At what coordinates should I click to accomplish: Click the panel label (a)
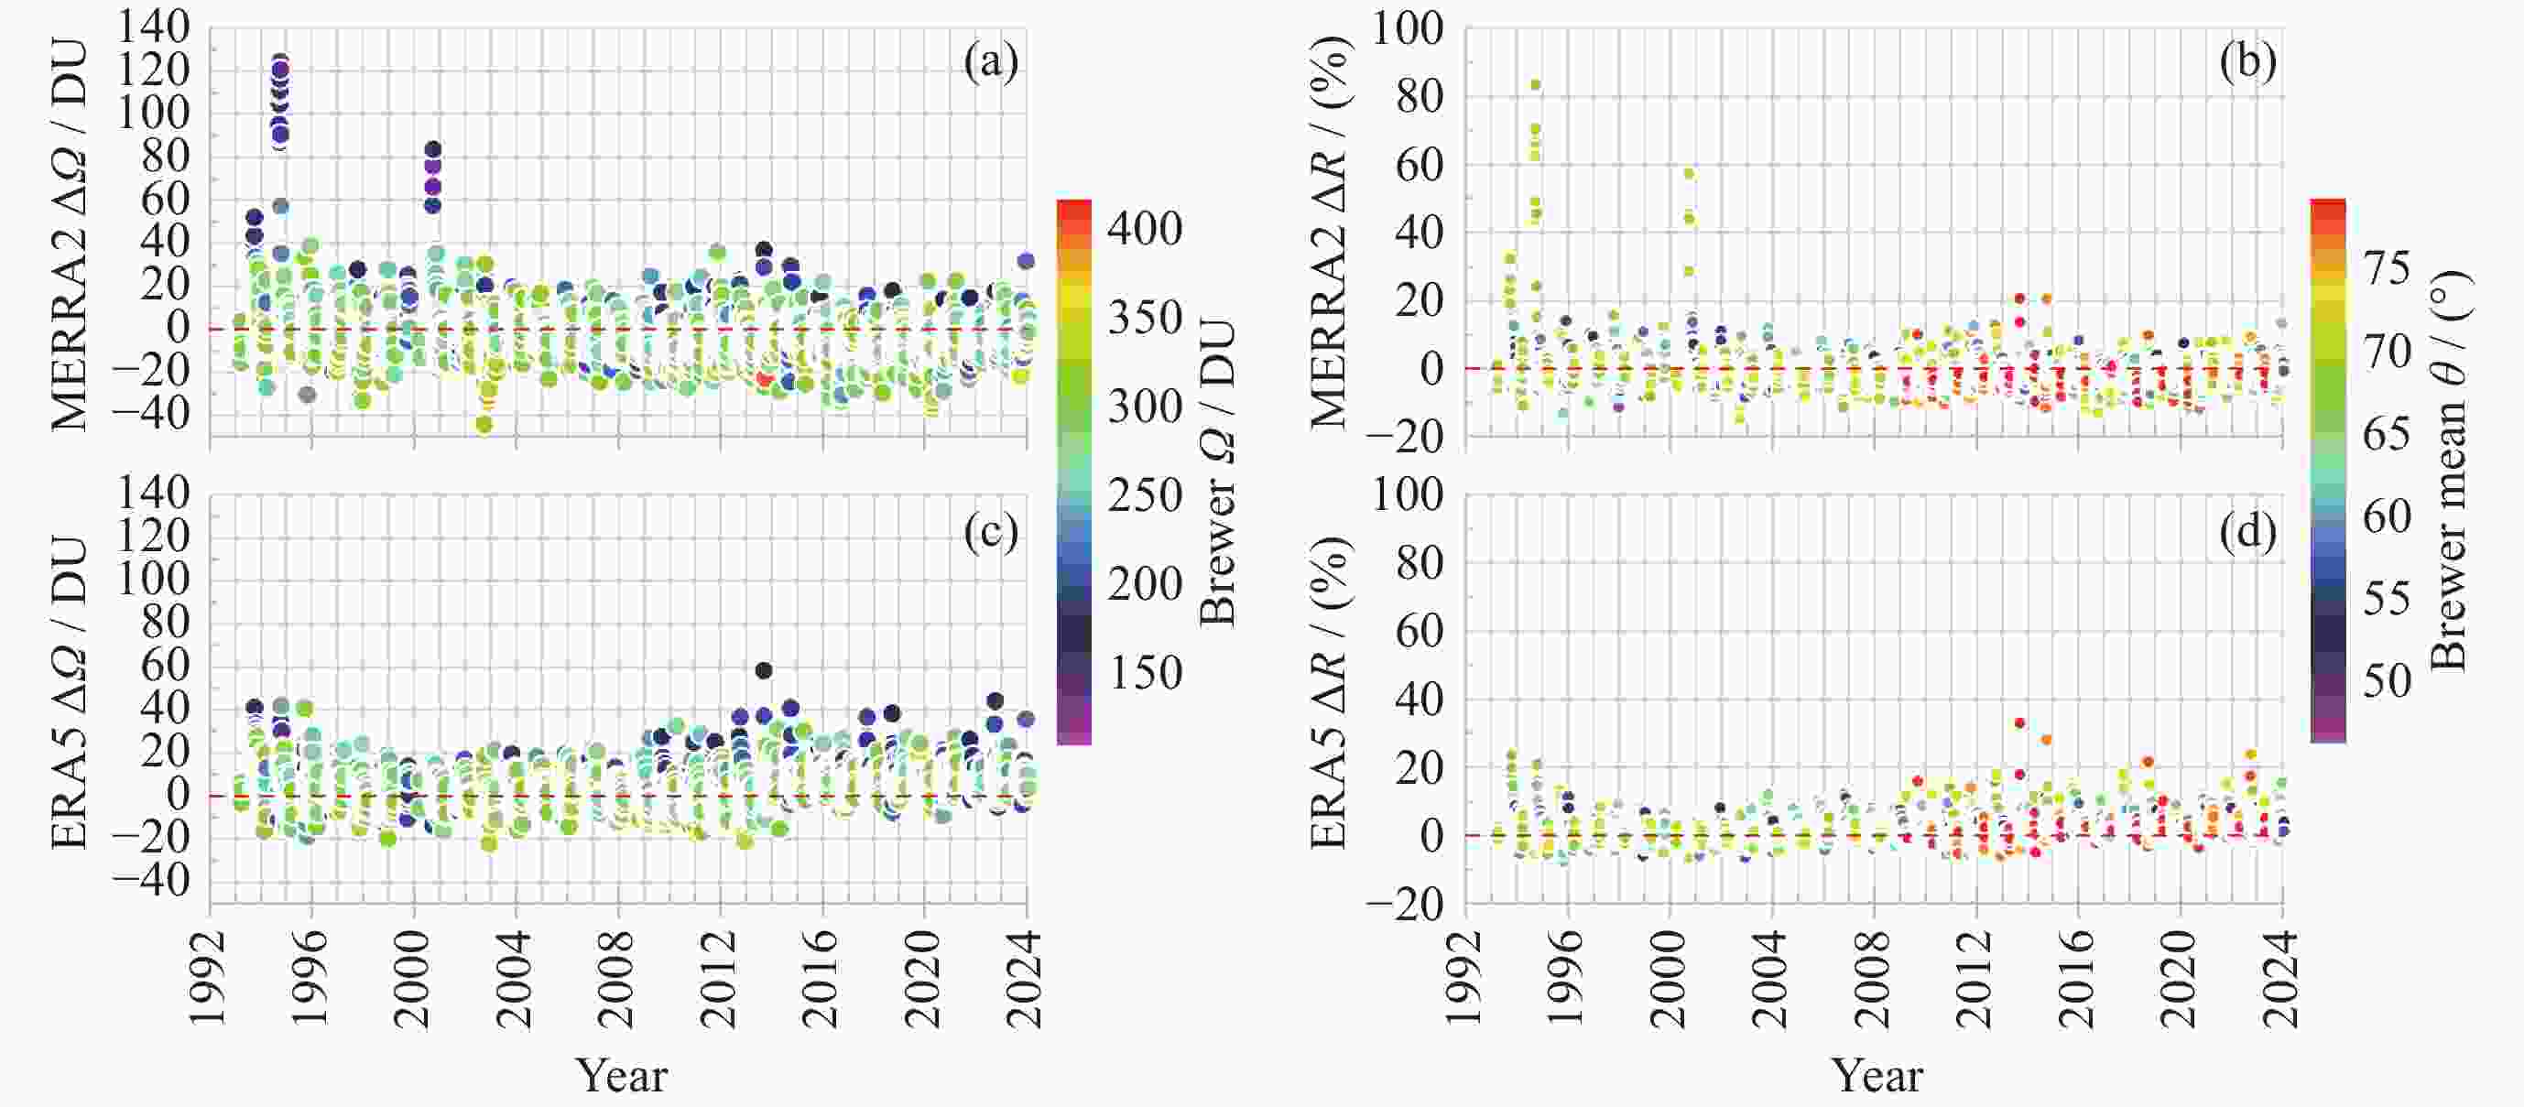coord(991,61)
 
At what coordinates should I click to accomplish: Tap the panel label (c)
coord(991,532)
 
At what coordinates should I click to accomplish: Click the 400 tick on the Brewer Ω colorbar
coord(1145,228)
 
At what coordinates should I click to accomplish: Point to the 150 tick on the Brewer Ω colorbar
coord(1145,673)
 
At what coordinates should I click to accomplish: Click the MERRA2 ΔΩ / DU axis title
coord(69,235)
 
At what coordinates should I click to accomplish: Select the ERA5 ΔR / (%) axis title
coord(1329,692)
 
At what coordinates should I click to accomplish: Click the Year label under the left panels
coord(621,1076)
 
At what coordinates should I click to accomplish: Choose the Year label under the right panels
coord(1877,1076)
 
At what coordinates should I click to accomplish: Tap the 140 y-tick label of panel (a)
coord(153,27)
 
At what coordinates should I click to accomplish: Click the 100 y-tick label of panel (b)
coord(1407,28)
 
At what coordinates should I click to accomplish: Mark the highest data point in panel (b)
coord(1535,85)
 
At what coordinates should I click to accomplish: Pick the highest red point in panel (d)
coord(2019,723)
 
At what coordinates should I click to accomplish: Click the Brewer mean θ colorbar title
coord(2450,471)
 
